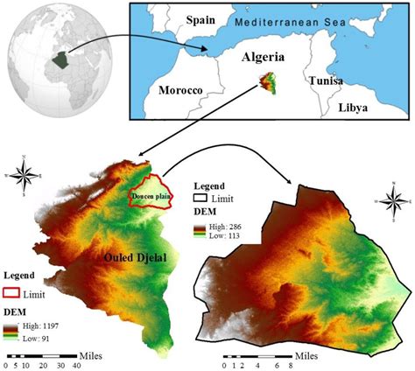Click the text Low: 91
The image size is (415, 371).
42,335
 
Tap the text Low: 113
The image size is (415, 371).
224,235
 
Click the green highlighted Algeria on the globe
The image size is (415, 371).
60,61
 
